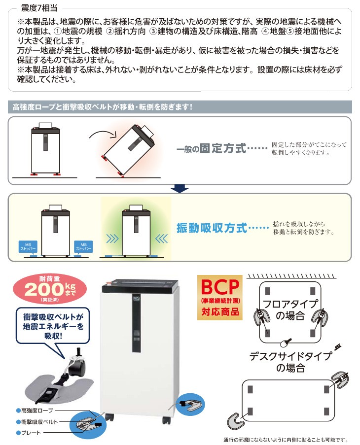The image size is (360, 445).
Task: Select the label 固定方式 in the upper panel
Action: (x=222, y=148)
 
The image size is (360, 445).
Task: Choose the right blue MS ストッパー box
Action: (x=83, y=246)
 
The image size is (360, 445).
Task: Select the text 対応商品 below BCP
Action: (x=220, y=311)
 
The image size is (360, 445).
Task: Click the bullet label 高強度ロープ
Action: (x=36, y=410)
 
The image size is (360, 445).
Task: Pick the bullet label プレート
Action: (x=31, y=432)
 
